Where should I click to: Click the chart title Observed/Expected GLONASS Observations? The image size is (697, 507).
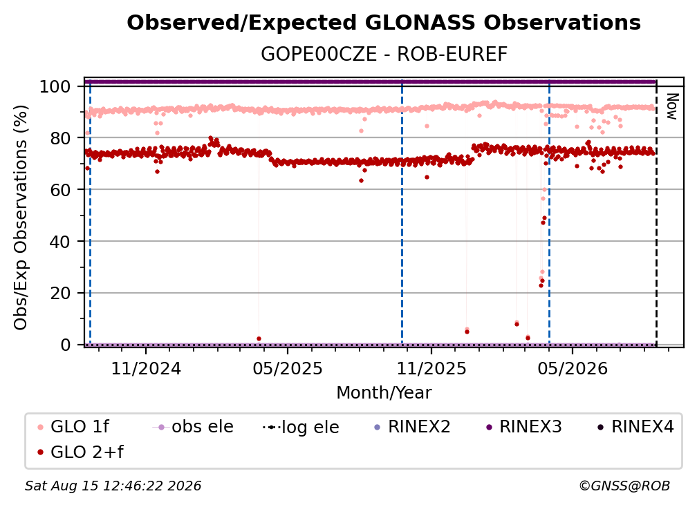point(384,23)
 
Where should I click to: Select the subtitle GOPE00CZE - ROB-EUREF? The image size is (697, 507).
point(384,54)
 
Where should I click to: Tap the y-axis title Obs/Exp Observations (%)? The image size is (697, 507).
point(21,218)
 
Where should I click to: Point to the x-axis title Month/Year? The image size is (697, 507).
point(384,392)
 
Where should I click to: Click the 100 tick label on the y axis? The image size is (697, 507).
point(55,86)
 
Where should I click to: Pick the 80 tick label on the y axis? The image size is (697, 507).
point(60,138)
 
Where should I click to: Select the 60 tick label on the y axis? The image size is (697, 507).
point(60,189)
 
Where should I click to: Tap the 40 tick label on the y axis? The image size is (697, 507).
point(60,242)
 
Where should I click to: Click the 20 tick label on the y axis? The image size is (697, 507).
point(60,293)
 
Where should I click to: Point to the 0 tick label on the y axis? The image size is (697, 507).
point(66,345)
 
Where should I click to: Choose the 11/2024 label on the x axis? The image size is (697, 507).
point(146,368)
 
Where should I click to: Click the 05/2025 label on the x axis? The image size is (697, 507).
point(288,368)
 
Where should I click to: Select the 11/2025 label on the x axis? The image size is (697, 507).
point(431,368)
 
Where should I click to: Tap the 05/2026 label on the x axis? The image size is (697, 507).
point(573,368)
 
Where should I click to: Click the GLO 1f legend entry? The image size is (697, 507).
point(73,427)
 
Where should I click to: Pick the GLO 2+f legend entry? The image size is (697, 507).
point(80,452)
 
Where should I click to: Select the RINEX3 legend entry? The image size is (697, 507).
point(525,427)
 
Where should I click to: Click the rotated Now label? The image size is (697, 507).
point(671,106)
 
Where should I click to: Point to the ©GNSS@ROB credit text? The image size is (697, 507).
point(624,486)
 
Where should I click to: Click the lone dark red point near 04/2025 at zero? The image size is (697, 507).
point(259,338)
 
